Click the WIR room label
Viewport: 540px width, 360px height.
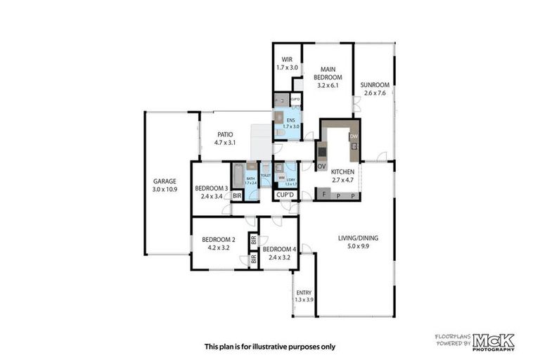point(287,59)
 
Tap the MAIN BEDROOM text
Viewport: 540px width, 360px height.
point(328,72)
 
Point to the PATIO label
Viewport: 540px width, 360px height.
point(225,134)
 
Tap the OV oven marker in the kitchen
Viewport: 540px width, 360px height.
point(321,167)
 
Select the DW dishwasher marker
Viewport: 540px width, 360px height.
point(354,136)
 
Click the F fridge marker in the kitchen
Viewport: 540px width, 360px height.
point(323,194)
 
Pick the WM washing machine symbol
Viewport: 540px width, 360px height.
point(281,177)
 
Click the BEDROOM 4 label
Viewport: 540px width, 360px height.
point(279,249)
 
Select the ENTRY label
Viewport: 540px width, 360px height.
point(304,292)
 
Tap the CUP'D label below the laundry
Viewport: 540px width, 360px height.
point(285,195)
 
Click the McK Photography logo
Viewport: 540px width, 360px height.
point(492,341)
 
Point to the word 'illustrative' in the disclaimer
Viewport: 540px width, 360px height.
point(280,347)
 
